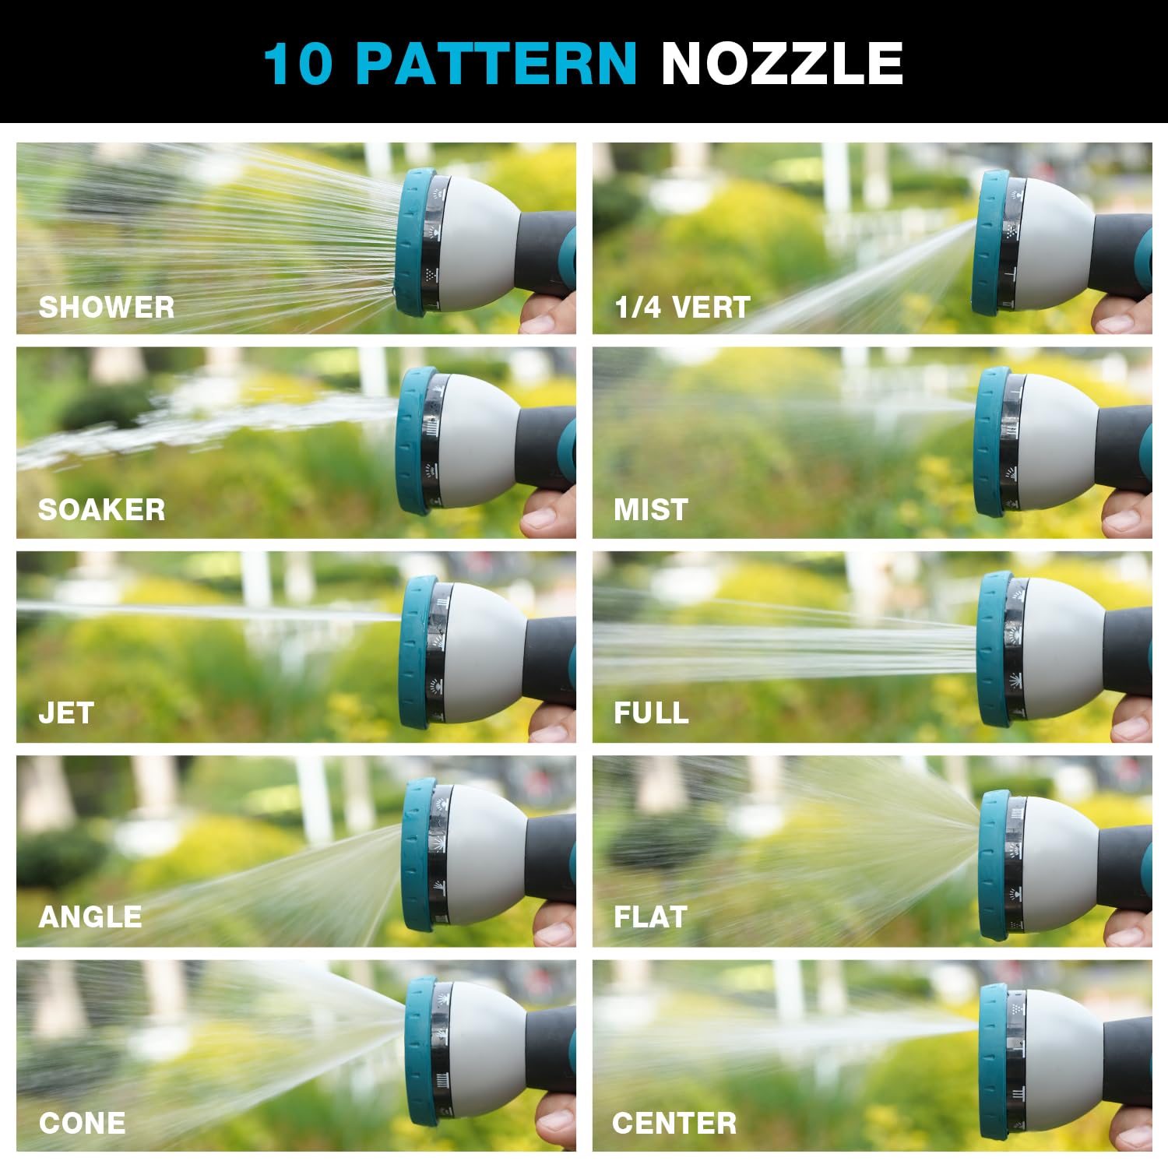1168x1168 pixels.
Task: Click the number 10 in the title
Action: (x=298, y=63)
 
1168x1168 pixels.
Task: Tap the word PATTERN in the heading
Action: (x=496, y=63)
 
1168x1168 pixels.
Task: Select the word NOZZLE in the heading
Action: (x=782, y=63)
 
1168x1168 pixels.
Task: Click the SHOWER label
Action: (x=107, y=307)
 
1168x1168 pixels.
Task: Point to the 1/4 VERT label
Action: (x=682, y=307)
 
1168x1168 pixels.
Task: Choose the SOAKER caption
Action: (x=102, y=509)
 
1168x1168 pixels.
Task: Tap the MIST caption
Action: (x=651, y=509)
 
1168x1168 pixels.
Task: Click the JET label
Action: (x=66, y=712)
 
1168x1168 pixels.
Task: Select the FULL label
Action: (x=651, y=712)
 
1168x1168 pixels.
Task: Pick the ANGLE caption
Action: (x=90, y=916)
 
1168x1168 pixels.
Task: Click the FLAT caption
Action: (x=650, y=916)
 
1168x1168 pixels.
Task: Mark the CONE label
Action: (x=83, y=1123)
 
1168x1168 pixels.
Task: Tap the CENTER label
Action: (x=674, y=1123)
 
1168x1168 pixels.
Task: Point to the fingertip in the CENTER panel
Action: (x=1129, y=1129)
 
